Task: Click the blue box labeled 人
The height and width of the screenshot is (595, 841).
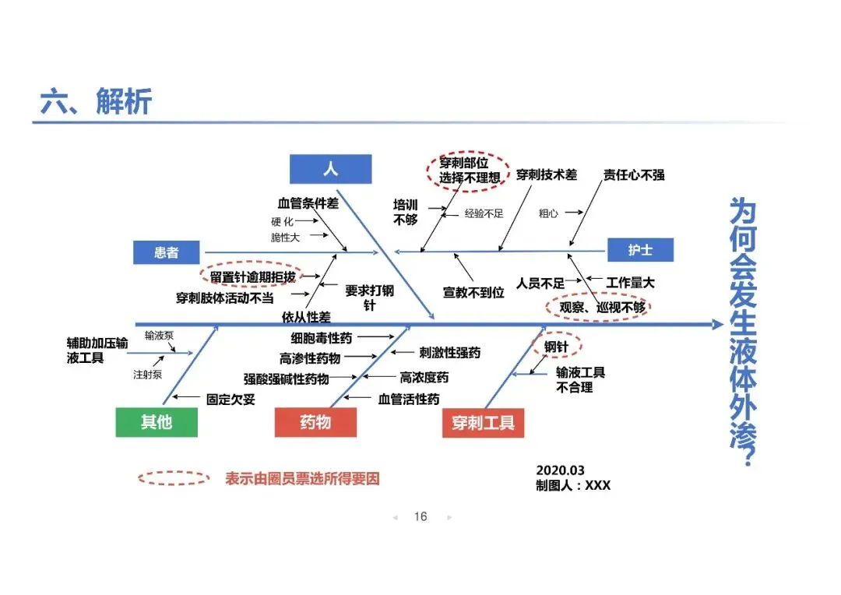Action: point(330,169)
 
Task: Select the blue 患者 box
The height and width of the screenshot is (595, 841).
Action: point(166,252)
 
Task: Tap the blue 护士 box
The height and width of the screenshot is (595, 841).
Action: point(639,250)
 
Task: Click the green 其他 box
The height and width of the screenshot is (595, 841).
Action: point(156,422)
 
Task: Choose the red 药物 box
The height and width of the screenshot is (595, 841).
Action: point(315,422)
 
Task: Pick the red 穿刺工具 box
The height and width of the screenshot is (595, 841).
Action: point(483,423)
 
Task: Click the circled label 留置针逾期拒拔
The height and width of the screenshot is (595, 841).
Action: point(252,276)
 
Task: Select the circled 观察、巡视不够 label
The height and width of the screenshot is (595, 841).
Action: point(598,307)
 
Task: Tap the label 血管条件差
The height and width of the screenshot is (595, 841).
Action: point(308,203)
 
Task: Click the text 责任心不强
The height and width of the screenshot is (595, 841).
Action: point(634,175)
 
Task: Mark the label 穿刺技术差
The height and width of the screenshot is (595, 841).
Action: point(547,175)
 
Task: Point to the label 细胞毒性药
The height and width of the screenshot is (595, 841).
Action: point(322,338)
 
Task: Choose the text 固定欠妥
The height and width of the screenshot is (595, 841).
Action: point(230,399)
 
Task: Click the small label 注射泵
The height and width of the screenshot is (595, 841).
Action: point(147,375)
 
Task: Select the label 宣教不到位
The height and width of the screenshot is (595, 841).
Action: point(473,293)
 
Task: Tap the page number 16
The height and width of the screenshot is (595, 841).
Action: point(420,516)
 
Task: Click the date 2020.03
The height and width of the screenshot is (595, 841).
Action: point(560,470)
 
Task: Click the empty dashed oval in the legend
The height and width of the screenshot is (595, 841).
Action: point(174,478)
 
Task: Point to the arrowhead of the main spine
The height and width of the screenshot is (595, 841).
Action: point(717,324)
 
